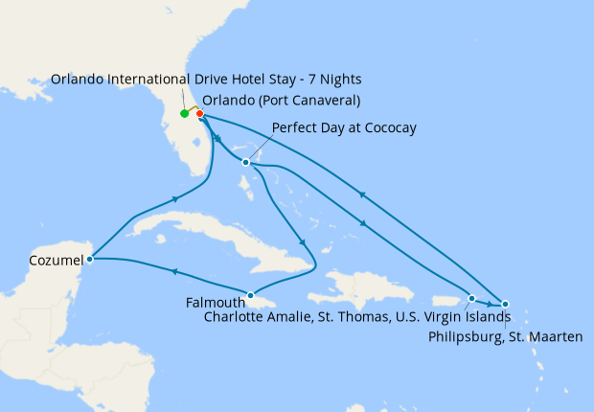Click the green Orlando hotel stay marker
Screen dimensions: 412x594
pyautogui.click(x=184, y=114)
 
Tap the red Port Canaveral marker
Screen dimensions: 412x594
pyautogui.click(x=199, y=114)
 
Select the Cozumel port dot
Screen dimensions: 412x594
pyautogui.click(x=89, y=258)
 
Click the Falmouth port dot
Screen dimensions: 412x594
pyautogui.click(x=250, y=295)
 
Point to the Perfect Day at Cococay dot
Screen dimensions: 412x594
pyautogui.click(x=246, y=162)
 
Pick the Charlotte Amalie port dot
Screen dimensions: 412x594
pyautogui.click(x=471, y=298)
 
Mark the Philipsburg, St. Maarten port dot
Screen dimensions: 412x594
pyautogui.click(x=506, y=304)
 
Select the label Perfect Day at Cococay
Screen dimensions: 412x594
pyautogui.click(x=344, y=127)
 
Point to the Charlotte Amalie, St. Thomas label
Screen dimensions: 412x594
pyautogui.click(x=354, y=317)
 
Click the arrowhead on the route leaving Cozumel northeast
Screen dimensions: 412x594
pyautogui.click(x=176, y=198)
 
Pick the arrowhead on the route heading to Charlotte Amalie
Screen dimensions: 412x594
pyautogui.click(x=363, y=224)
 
